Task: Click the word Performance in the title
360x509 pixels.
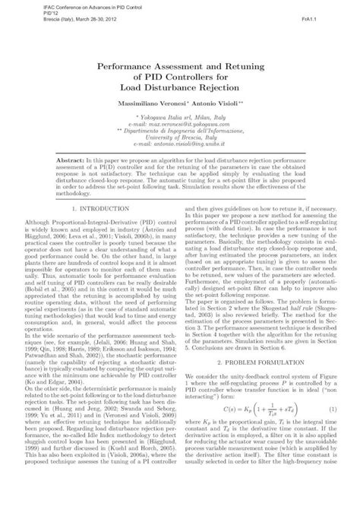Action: tap(130, 67)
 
